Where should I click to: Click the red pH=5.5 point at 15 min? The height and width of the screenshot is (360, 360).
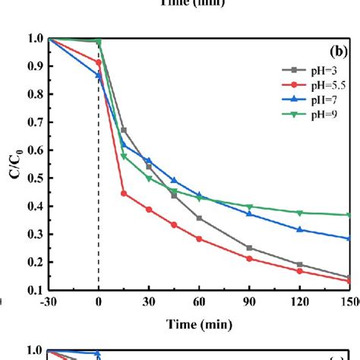pyautogui.click(x=124, y=194)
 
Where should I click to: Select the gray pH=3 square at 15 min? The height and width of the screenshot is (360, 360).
pyautogui.click(x=124, y=131)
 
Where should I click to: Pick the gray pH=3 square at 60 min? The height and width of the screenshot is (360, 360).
pyautogui.click(x=199, y=218)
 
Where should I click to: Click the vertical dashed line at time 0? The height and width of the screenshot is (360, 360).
pyautogui.click(x=99, y=228)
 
